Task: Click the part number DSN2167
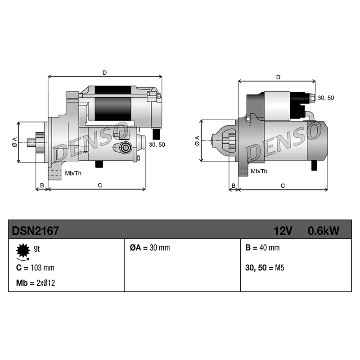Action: point(36,231)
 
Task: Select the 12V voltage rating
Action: point(283,231)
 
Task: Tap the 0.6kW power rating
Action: point(323,231)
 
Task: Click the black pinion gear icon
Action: point(23,250)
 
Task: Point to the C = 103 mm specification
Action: point(35,268)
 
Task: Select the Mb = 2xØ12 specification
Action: point(36,283)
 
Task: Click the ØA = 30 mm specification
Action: point(150,247)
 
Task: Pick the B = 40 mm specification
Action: point(262,247)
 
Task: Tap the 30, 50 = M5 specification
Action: point(265,268)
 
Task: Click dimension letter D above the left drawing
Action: point(105,73)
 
